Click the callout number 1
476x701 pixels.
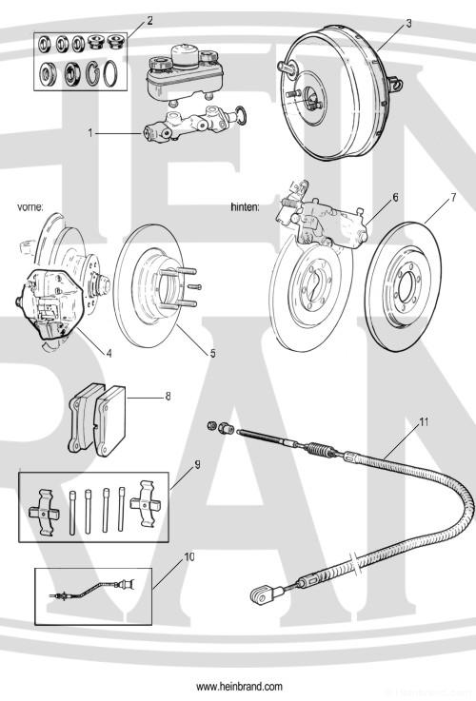tap(90, 133)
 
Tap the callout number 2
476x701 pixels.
tap(149, 21)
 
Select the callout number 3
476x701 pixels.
tap(408, 23)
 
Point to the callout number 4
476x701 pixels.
tap(109, 353)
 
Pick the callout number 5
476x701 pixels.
tap(213, 353)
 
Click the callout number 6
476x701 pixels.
tap(395, 197)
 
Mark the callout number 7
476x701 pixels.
tap(453, 197)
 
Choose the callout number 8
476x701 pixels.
tap(168, 396)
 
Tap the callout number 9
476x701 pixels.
tap(197, 465)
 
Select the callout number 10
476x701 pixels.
tap(189, 556)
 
